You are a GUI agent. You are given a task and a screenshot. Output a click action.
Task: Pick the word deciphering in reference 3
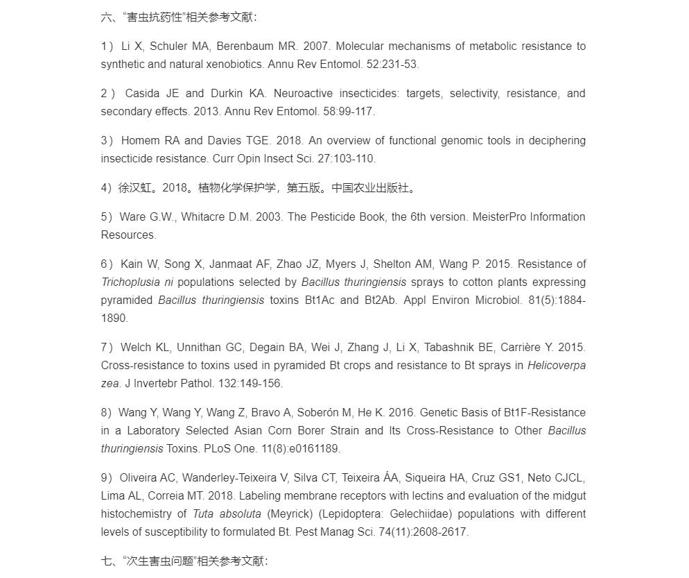coord(553,141)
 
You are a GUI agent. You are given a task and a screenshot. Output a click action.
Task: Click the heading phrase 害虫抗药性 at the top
coord(153,17)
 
